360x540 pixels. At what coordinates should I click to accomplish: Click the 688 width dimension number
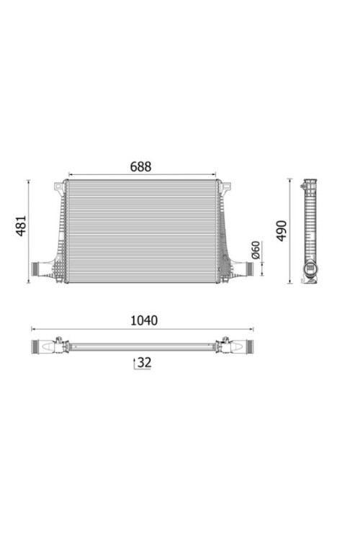click(x=140, y=167)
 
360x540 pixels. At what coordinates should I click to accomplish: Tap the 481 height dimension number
click(x=21, y=226)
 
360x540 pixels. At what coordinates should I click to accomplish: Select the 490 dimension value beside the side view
click(x=282, y=230)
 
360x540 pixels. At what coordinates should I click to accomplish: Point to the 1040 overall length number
click(x=144, y=320)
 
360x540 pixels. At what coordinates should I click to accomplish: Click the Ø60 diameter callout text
click(x=256, y=250)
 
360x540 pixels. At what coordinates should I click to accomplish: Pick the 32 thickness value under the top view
click(x=144, y=362)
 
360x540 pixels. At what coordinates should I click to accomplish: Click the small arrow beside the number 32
click(x=135, y=364)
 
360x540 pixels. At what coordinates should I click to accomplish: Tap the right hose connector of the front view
click(x=249, y=269)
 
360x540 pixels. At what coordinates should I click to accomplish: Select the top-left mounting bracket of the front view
click(x=59, y=187)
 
